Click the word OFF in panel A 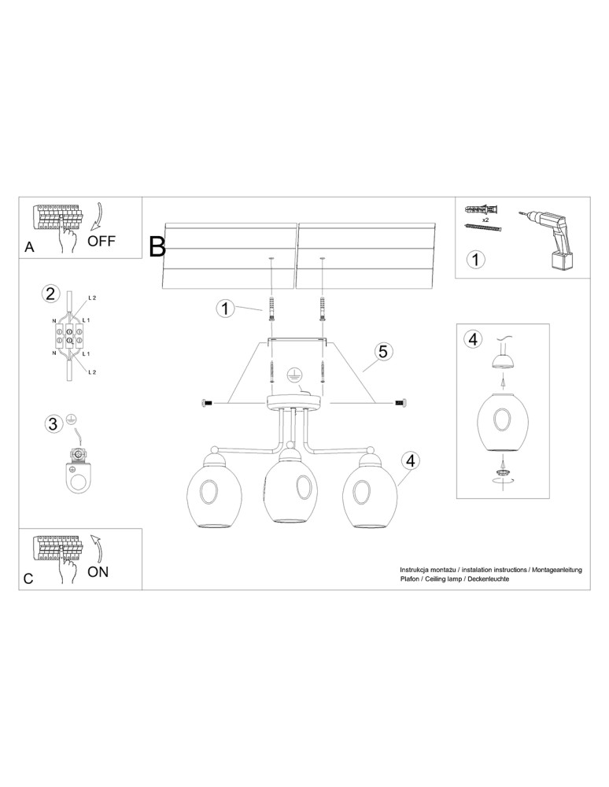(x=101, y=241)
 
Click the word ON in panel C (x=98, y=572)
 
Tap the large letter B (x=157, y=247)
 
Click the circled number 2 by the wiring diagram (x=50, y=294)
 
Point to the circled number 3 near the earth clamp (x=52, y=424)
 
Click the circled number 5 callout (x=382, y=352)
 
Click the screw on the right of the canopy (x=399, y=403)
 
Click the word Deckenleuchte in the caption (x=489, y=578)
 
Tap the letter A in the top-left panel (x=29, y=246)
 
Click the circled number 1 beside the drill (x=475, y=259)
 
